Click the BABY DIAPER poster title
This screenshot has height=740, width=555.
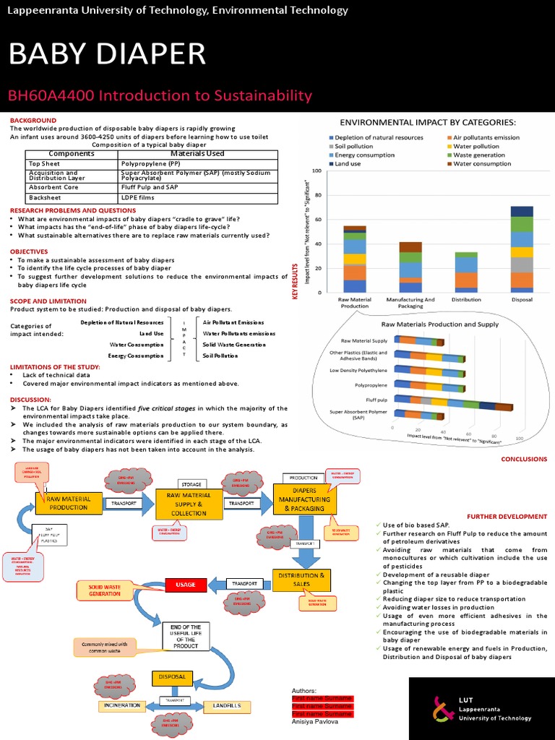click(107, 55)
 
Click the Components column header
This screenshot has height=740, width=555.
click(72, 153)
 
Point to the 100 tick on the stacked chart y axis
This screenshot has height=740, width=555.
click(316, 171)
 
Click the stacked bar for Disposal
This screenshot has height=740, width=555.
click(522, 249)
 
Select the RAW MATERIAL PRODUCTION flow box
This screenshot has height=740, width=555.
click(69, 502)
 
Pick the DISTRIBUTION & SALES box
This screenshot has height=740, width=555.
click(301, 578)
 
